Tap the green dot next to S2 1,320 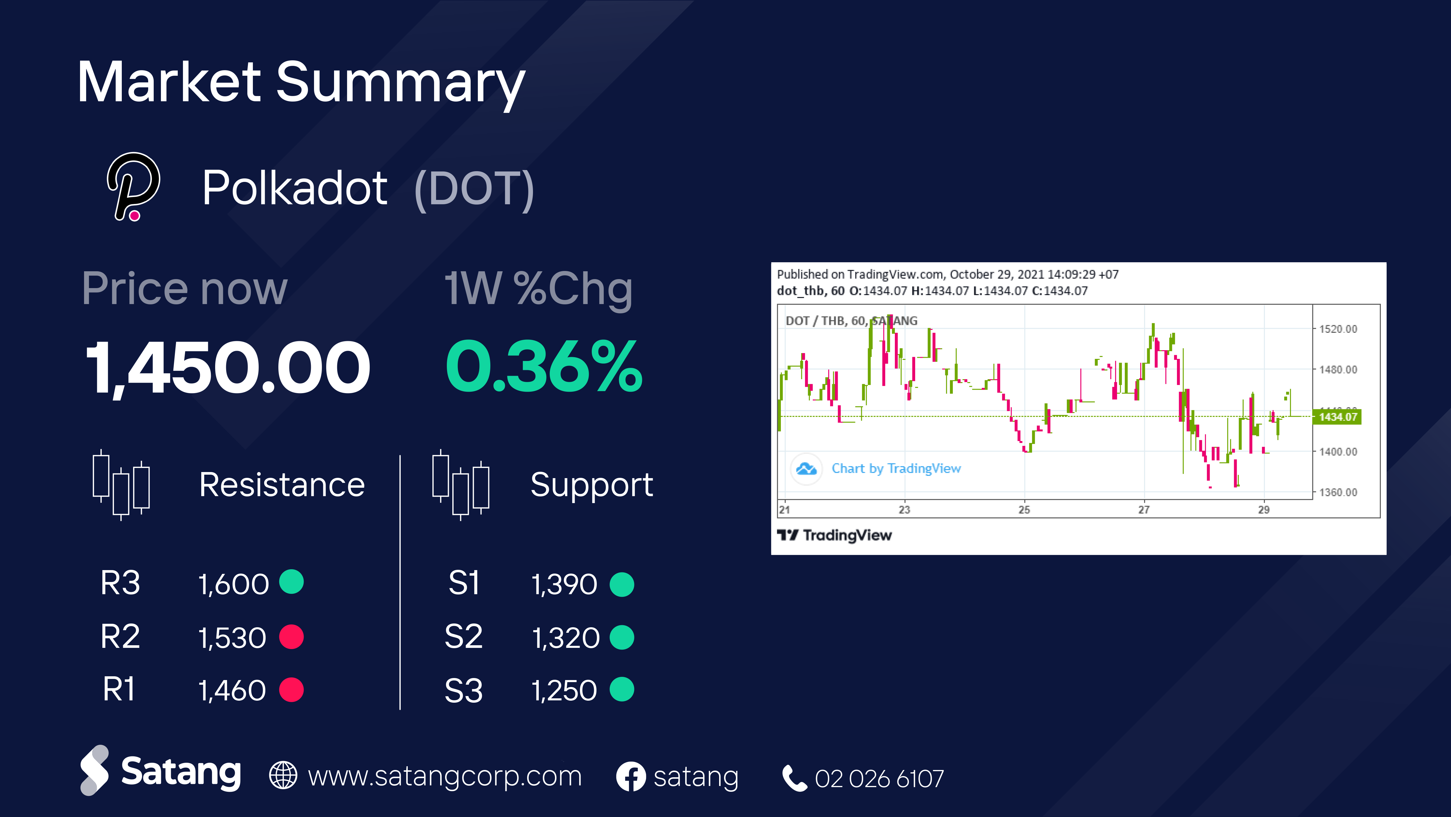(x=622, y=637)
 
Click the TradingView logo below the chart (x=834, y=535)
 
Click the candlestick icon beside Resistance (x=121, y=485)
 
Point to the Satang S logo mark (x=95, y=770)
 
